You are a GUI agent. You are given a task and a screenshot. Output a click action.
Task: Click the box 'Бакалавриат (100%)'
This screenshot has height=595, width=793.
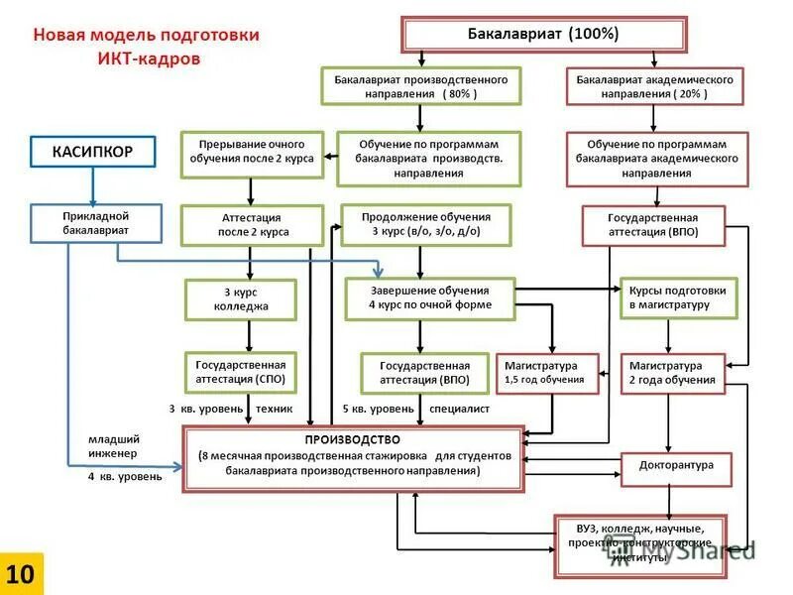point(543,34)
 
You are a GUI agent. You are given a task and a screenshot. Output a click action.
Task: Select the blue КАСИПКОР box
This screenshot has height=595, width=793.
point(92,151)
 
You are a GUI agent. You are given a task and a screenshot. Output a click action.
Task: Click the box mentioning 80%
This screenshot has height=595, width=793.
point(420,86)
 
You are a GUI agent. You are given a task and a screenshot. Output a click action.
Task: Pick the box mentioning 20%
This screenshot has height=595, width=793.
point(654,86)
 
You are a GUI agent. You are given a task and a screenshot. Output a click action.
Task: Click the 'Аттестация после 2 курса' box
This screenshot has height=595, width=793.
point(252,224)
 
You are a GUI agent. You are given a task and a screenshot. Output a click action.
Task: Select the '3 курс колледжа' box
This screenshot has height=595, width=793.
point(241,299)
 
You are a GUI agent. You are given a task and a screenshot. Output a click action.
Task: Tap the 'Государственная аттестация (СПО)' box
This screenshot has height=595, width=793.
point(241,372)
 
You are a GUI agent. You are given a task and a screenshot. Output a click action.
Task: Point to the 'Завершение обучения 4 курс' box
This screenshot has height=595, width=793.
point(429,297)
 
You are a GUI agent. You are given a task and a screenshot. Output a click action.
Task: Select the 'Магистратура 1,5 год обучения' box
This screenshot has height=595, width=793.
point(545,372)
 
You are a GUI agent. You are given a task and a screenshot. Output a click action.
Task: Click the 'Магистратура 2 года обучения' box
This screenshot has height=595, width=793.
point(671,372)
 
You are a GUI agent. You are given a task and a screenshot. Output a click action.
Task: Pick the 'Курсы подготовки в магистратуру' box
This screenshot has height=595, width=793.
point(678,297)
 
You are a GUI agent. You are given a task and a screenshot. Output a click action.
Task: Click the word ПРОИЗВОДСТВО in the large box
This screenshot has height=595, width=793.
point(353,439)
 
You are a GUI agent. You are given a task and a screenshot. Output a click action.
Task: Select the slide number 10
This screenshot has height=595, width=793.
point(21,573)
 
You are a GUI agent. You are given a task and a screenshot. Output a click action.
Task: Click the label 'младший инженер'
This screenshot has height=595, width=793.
point(114,445)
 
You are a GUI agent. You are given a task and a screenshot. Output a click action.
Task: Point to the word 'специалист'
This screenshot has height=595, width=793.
point(459,408)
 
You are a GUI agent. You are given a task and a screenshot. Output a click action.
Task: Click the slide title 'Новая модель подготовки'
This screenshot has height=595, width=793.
point(147,35)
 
